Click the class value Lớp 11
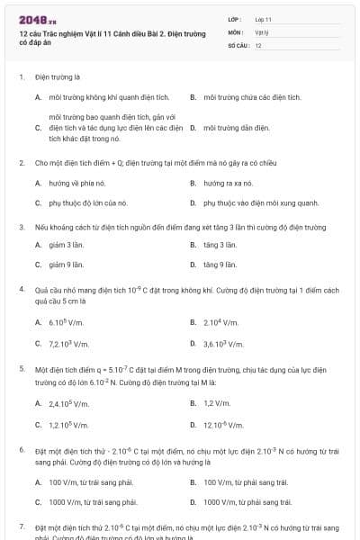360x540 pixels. [263, 18]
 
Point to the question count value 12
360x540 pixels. [258, 45]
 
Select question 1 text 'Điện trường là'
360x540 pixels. [58, 77]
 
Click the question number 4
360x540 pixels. [22, 290]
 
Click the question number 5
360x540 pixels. [22, 369]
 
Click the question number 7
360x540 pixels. [22, 526]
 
